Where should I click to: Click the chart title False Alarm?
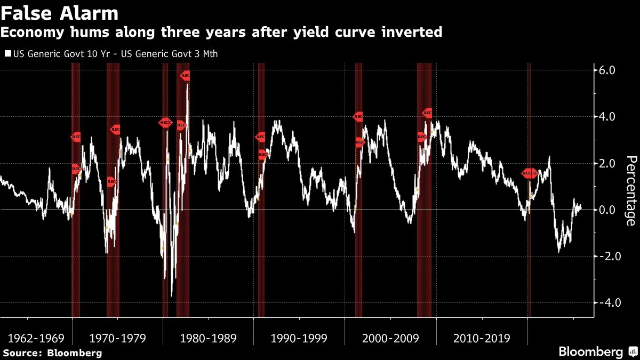tap(60, 12)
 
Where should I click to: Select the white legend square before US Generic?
tap(7, 54)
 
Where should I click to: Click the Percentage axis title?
tap(630, 190)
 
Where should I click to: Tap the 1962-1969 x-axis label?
tap(36, 338)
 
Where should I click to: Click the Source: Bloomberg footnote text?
tap(52, 353)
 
